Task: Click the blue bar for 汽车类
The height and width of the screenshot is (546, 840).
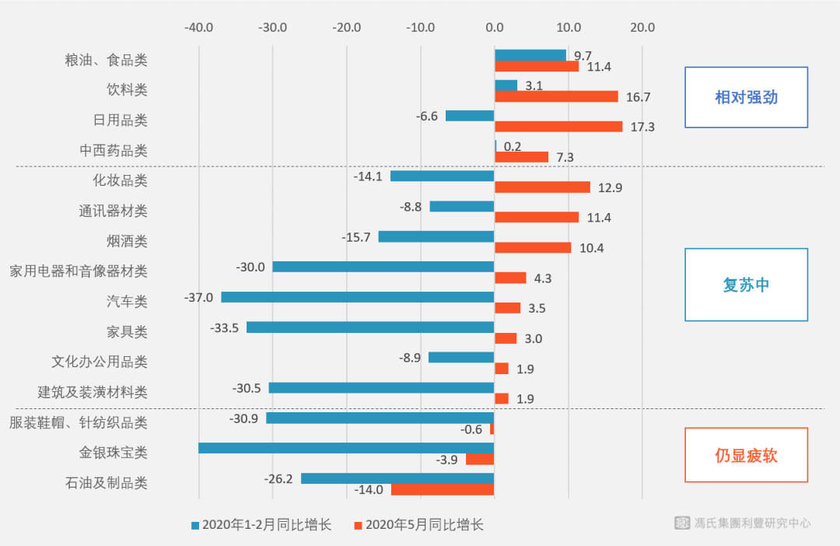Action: coord(358,297)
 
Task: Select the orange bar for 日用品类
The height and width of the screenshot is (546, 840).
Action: coord(558,126)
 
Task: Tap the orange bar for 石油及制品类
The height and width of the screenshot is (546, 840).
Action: coord(443,489)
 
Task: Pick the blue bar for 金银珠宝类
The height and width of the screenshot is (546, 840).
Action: coord(346,448)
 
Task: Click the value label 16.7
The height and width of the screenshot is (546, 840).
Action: coord(638,96)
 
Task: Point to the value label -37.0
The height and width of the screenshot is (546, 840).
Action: coord(198,297)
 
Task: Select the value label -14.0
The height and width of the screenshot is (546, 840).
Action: coord(369,489)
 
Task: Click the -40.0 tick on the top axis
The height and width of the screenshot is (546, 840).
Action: coord(198,28)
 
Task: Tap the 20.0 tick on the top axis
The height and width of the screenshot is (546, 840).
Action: coord(642,28)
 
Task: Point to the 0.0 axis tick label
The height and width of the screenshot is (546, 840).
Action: coord(494,28)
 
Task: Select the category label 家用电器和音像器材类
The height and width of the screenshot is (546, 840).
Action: coord(79,271)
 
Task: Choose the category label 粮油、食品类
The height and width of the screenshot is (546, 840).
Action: coord(106,60)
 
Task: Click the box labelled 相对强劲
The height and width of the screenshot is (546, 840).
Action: coord(746,97)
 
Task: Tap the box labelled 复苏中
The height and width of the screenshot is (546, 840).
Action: coord(746,285)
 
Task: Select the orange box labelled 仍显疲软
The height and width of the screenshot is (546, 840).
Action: coord(746,455)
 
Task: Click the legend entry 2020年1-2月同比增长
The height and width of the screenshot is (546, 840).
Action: coord(261,525)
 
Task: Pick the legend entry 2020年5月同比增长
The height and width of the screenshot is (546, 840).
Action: coord(418,525)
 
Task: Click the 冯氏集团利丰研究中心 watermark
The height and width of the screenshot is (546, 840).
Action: coord(743,523)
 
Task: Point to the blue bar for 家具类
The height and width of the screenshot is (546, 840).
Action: coord(370,327)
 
